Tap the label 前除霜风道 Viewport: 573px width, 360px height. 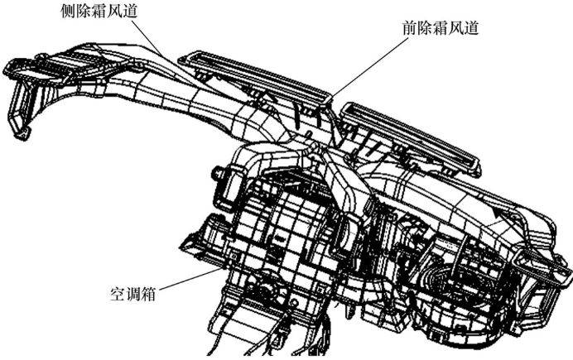tap(439, 26)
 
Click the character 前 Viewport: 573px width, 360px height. tap(404, 26)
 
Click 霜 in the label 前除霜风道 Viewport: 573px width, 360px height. tap(439, 26)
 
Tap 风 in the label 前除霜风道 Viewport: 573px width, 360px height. tap(456, 26)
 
